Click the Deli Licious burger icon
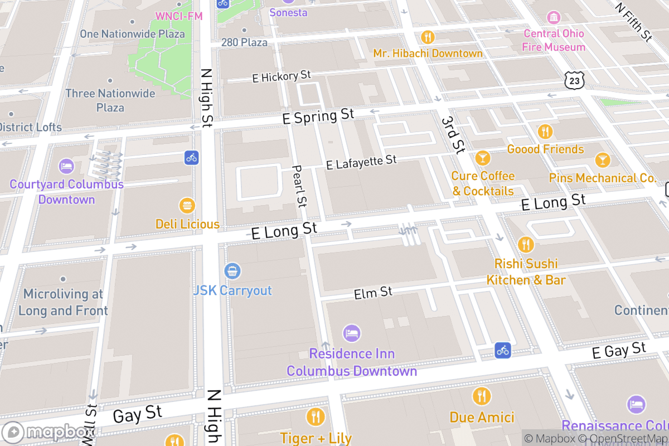pyautogui.click(x=187, y=205)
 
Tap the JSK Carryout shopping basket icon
pyautogui.click(x=232, y=272)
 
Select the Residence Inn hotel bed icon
pyautogui.click(x=351, y=333)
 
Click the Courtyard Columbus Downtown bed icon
pyautogui.click(x=66, y=166)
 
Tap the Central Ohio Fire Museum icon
pyautogui.click(x=554, y=17)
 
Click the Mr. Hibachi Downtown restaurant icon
pyautogui.click(x=428, y=37)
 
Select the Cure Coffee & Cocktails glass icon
pyautogui.click(x=482, y=158)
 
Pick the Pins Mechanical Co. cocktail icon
pyautogui.click(x=602, y=160)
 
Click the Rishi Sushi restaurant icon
pyautogui.click(x=525, y=244)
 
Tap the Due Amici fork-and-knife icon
pyautogui.click(x=481, y=396)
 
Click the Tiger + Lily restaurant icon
pyautogui.click(x=315, y=417)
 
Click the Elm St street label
pyautogui.click(x=373, y=292)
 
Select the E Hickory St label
pyautogui.click(x=281, y=76)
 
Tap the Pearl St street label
pyautogui.click(x=299, y=186)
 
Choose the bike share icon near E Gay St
pyautogui.click(x=503, y=350)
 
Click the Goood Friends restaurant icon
pyautogui.click(x=545, y=132)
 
